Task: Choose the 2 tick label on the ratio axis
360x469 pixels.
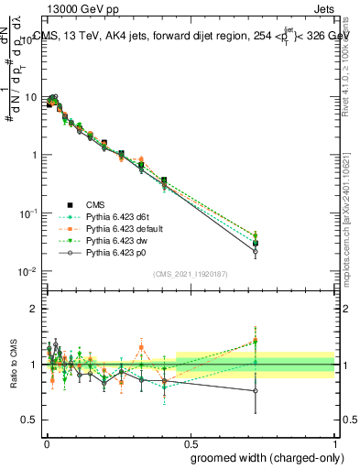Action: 33,309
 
